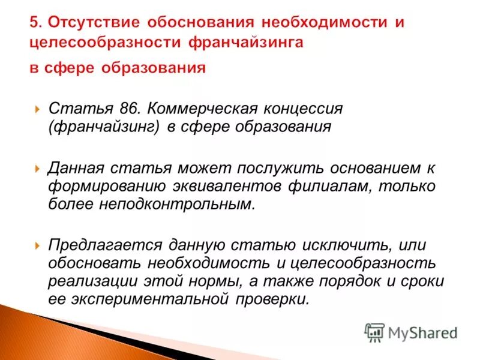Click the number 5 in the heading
click(x=35, y=22)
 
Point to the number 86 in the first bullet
click(x=128, y=110)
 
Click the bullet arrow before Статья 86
click(x=37, y=110)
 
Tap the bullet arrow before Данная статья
click(x=37, y=170)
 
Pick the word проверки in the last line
click(x=278, y=298)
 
